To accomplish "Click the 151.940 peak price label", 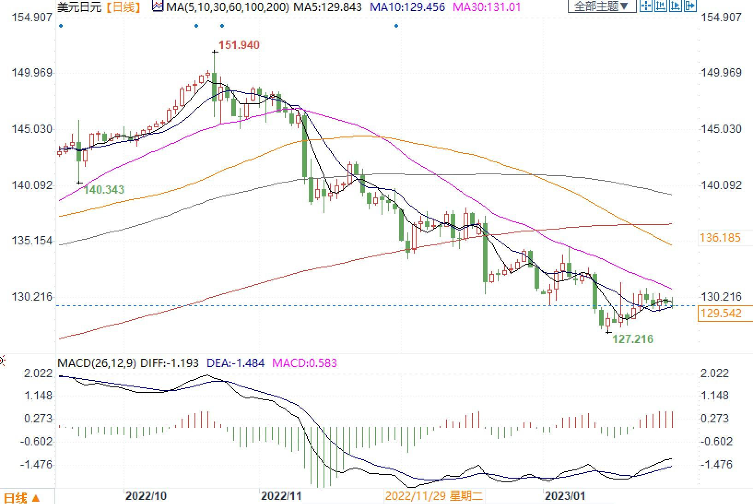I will coord(239,45).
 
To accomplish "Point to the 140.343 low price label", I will coord(104,190).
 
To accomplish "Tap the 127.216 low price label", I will coord(632,339).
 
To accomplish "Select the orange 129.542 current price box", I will coord(722,314).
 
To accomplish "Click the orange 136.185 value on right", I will coord(720,238).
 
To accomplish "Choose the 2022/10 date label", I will coord(146,496).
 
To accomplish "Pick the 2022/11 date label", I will coord(281,496).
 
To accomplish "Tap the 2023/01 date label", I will coord(565,496).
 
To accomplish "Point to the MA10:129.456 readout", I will coord(407,7).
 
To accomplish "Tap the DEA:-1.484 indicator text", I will coord(235,363).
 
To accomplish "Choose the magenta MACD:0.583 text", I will coord(305,363).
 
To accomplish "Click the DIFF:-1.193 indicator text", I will coord(169,363).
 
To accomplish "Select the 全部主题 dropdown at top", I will coord(601,6).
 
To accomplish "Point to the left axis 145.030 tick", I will coord(32,129).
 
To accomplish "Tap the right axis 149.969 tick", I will coord(721,73).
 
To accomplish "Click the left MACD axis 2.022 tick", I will coord(39,373).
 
